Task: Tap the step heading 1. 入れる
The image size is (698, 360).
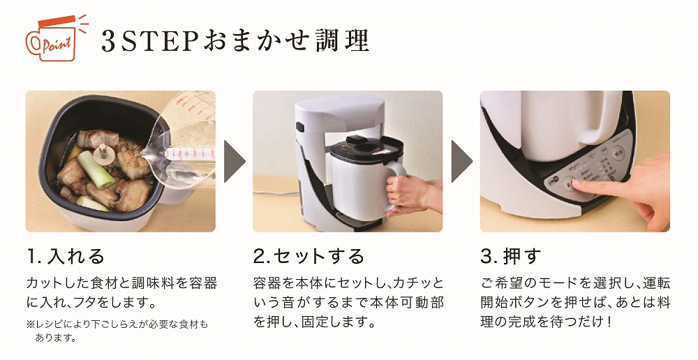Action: pos(66,256)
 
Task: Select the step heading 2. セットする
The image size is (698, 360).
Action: pos(308,256)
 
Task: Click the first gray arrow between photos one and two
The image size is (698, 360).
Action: pos(234,161)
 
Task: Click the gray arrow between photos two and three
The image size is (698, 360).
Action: pos(461,161)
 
